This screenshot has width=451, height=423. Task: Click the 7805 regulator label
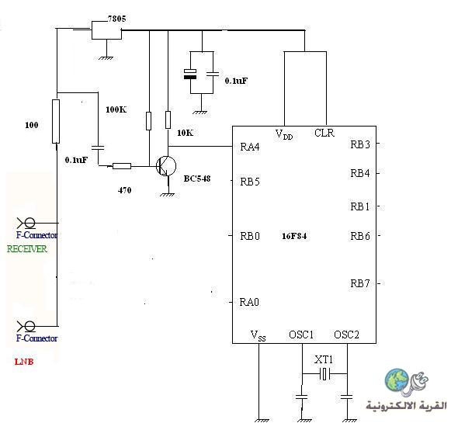(x=116, y=19)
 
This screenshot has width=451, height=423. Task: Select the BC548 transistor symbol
(x=166, y=166)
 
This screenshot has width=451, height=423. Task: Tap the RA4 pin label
(x=250, y=147)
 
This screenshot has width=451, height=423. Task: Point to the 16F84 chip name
(x=294, y=236)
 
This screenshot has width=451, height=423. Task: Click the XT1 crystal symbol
(x=325, y=374)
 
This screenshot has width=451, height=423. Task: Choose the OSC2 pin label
(x=346, y=335)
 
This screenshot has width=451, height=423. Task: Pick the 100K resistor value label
(x=116, y=109)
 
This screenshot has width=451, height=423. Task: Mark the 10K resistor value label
(x=185, y=133)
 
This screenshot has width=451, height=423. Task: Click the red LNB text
(x=24, y=362)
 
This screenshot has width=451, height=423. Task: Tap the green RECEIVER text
(x=27, y=248)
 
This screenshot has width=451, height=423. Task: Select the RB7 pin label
(x=360, y=283)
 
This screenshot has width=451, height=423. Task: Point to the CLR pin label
(x=324, y=133)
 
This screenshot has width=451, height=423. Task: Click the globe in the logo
(x=397, y=380)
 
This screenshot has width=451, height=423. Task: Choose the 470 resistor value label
(x=124, y=190)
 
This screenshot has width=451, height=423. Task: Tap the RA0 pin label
(x=249, y=302)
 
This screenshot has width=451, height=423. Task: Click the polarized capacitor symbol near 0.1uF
(x=190, y=74)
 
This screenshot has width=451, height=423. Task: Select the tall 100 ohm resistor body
(x=56, y=121)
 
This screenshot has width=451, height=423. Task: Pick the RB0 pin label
(x=250, y=236)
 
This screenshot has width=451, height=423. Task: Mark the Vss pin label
(x=258, y=335)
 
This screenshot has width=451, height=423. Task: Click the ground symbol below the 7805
(x=106, y=57)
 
